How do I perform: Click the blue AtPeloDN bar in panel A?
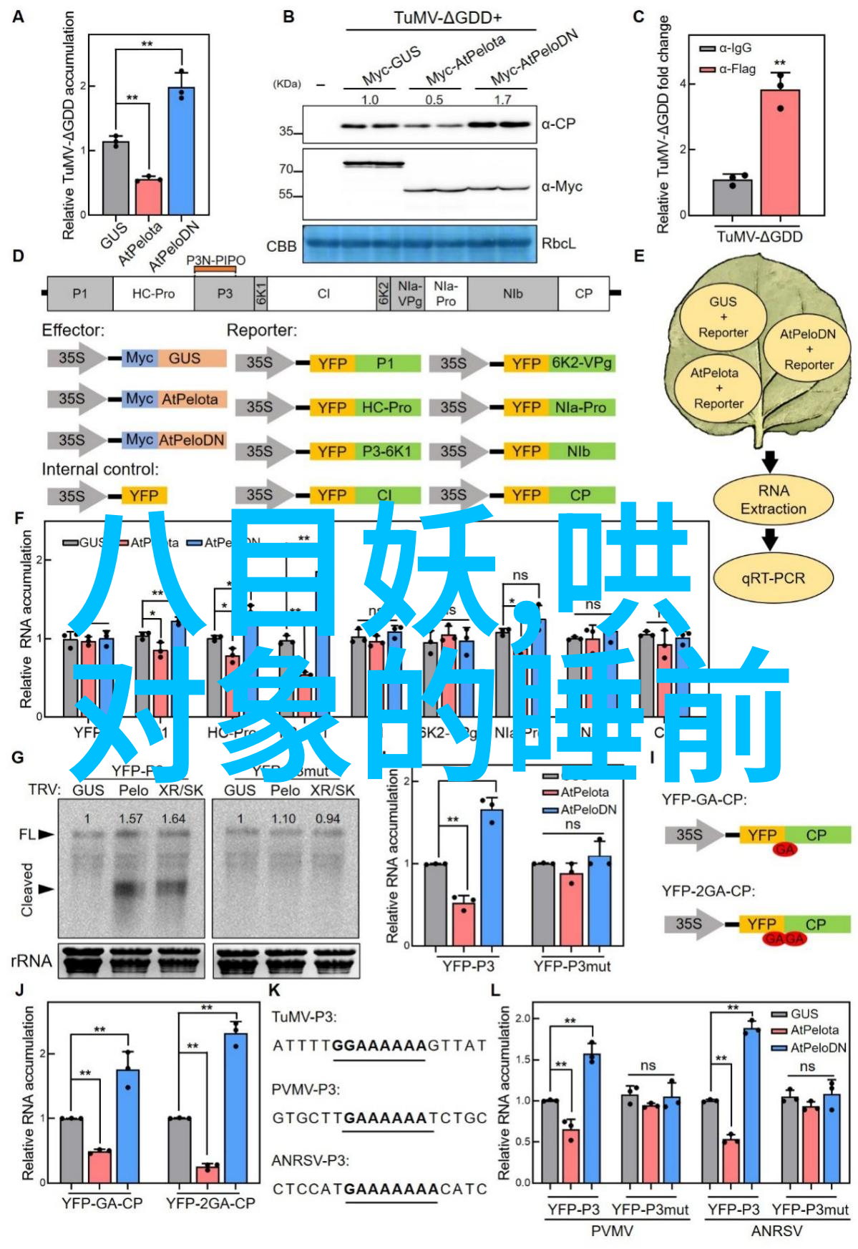coord(181,151)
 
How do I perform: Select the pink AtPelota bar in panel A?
coord(149,197)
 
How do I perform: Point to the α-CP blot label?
coord(558,124)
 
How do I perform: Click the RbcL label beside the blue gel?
coord(558,244)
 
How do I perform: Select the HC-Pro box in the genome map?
coord(153,294)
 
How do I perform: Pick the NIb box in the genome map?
coord(512,294)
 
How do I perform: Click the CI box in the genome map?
coord(323,294)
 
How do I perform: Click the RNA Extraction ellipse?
coord(773,499)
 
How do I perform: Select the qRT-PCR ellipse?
coord(773,578)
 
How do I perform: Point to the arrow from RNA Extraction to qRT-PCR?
coord(770,539)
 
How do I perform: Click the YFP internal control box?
coord(144,496)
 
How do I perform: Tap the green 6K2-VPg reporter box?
coord(582,363)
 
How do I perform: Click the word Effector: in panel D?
coord(73,330)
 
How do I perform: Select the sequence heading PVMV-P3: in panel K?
coord(306,1089)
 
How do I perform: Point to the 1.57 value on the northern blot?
coord(131,818)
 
